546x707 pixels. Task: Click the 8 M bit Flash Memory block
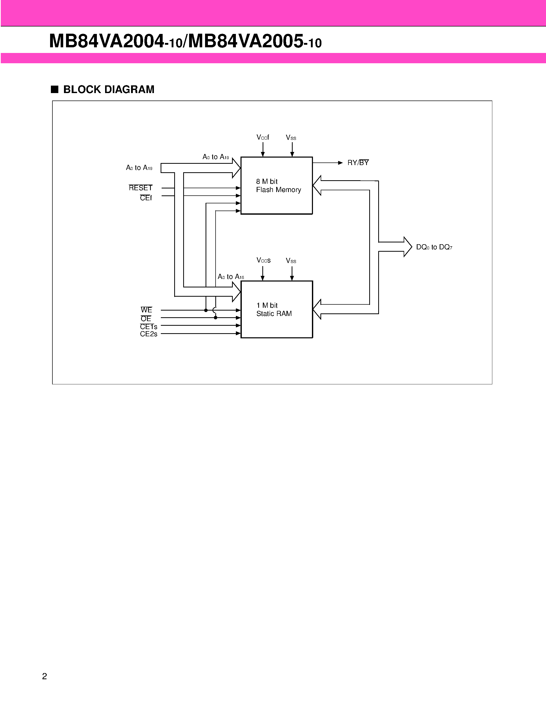tap(276, 185)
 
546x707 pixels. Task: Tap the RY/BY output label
tap(358, 163)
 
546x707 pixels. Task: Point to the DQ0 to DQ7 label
tap(434, 247)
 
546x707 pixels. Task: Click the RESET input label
tap(140, 188)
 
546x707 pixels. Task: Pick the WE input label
tap(146, 310)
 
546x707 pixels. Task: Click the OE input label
tap(146, 319)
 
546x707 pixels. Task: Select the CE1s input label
tap(149, 327)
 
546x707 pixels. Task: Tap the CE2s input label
tap(149, 334)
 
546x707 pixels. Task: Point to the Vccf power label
tap(263, 137)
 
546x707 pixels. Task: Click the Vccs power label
tap(263, 260)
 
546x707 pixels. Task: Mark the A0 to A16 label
tap(231, 277)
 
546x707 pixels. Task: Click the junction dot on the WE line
tap(206, 310)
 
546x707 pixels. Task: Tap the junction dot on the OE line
tap(215, 318)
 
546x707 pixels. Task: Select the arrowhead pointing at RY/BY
tap(340, 163)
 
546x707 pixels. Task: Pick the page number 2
tap(45, 676)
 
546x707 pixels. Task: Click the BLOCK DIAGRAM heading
tap(109, 89)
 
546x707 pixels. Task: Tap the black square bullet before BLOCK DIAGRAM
tap(55, 89)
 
